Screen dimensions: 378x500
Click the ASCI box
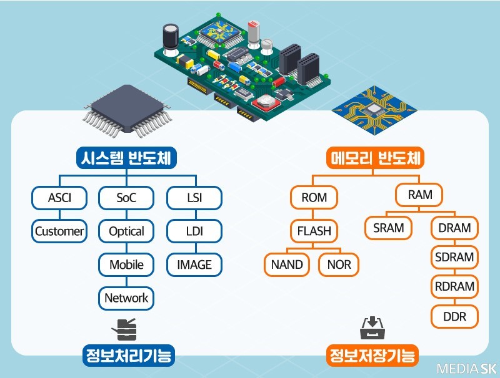59,198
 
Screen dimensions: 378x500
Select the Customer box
59,231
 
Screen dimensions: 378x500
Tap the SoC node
126,198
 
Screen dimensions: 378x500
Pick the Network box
126,298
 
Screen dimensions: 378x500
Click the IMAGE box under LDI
194,264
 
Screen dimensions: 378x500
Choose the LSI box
194,198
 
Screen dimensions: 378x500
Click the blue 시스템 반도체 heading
127,158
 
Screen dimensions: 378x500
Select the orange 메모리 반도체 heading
376,158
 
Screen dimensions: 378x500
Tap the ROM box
314,198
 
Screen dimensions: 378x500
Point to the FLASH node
314,231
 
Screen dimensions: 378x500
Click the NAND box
287,264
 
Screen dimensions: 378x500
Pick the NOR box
339,264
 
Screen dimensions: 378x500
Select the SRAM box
389,228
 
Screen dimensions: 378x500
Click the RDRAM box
454,287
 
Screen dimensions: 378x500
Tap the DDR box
454,317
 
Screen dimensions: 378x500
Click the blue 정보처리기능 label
127,356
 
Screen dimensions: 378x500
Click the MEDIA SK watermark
465,368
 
